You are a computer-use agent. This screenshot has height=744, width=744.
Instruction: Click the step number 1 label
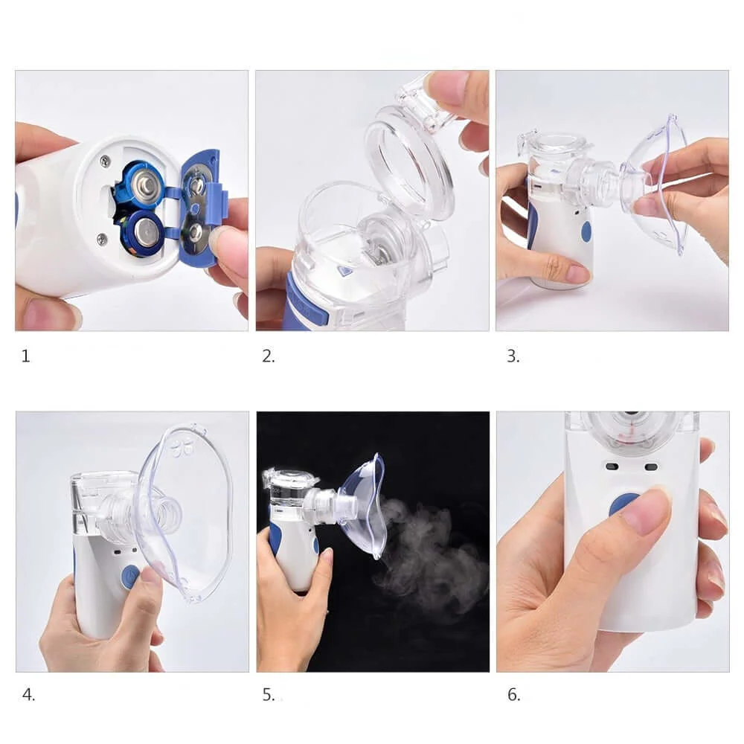pyautogui.click(x=26, y=356)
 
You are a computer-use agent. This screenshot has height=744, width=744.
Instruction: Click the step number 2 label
pyautogui.click(x=269, y=356)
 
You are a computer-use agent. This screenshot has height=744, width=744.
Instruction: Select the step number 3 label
pyautogui.click(x=513, y=356)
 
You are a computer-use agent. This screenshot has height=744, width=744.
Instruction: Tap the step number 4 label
pyautogui.click(x=28, y=695)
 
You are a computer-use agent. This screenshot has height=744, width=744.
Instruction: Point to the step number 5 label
pyautogui.click(x=269, y=695)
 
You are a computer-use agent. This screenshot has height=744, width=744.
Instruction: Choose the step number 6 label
pyautogui.click(x=514, y=695)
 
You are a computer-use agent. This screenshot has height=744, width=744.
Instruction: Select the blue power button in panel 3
pyautogui.click(x=586, y=232)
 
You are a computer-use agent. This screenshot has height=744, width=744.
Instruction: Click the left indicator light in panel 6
pyautogui.click(x=612, y=467)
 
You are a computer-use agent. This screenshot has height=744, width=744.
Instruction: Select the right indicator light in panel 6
pyautogui.click(x=651, y=468)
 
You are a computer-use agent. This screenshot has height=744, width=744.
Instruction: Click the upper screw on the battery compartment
pyautogui.click(x=106, y=161)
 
